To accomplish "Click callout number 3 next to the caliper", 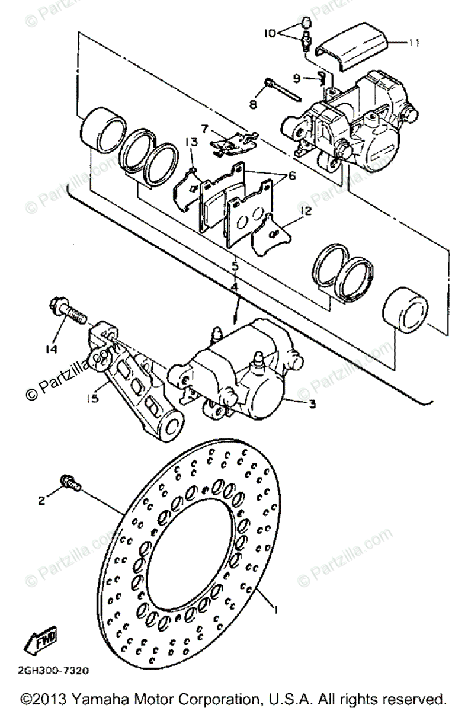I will click(x=312, y=405).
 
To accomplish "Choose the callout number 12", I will click(x=305, y=212).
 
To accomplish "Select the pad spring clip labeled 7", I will click(x=233, y=142).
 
